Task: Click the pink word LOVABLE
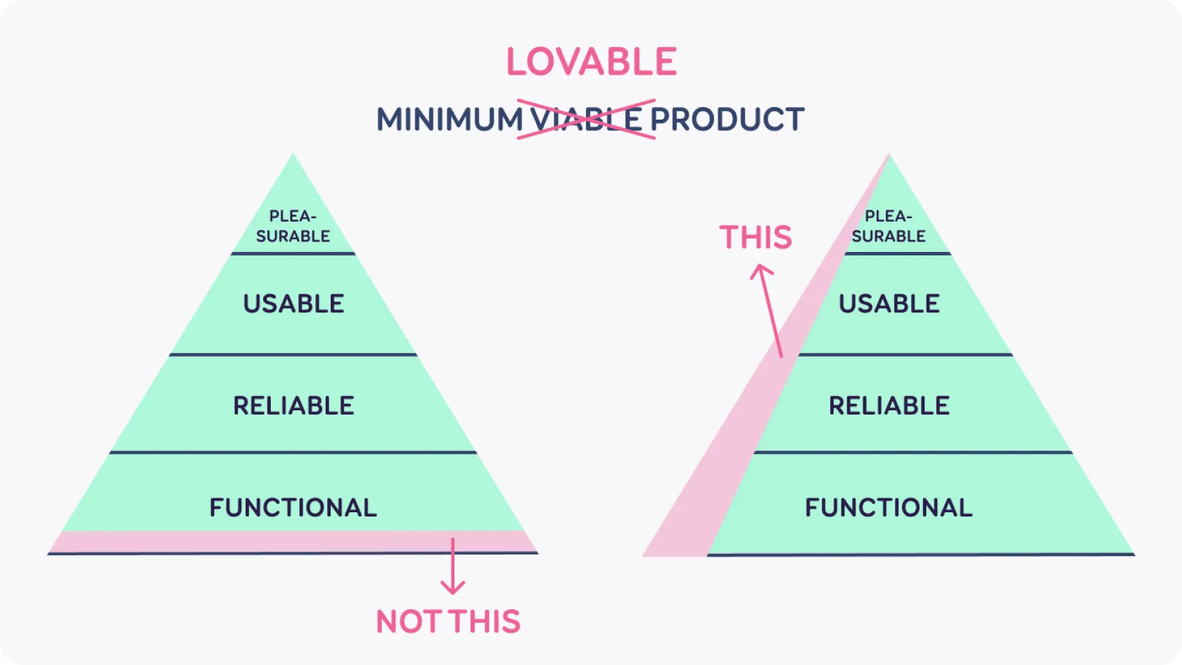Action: point(592,62)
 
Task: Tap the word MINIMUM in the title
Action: point(450,120)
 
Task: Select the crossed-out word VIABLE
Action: point(586,120)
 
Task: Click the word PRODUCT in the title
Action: point(727,120)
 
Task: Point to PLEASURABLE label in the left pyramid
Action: point(293,226)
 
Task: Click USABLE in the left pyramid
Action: point(293,304)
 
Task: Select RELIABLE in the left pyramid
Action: point(293,406)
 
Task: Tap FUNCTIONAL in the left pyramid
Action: point(293,508)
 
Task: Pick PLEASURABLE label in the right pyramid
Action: point(889,226)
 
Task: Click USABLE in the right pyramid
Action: point(889,304)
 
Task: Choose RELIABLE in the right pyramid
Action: point(889,406)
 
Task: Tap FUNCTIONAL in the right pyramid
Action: point(889,508)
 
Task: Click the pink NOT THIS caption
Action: point(449,621)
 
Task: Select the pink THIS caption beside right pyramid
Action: point(756,238)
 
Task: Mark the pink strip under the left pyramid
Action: point(293,542)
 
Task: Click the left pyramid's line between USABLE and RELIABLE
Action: point(293,355)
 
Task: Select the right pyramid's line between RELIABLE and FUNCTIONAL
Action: point(913,452)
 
